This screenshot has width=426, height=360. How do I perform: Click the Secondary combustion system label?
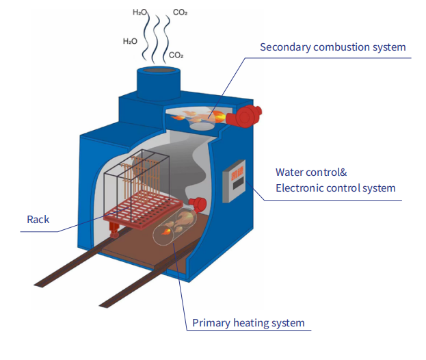pos(332,47)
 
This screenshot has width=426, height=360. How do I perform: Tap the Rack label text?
pos(38,220)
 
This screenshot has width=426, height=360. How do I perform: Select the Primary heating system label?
pos(248,323)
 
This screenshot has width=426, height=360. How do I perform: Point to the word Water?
pos(290,172)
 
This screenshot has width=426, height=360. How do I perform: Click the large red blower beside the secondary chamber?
pos(246,116)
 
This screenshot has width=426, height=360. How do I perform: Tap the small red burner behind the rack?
pos(200,203)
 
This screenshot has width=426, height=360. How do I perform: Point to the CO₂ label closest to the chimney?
pos(175,55)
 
